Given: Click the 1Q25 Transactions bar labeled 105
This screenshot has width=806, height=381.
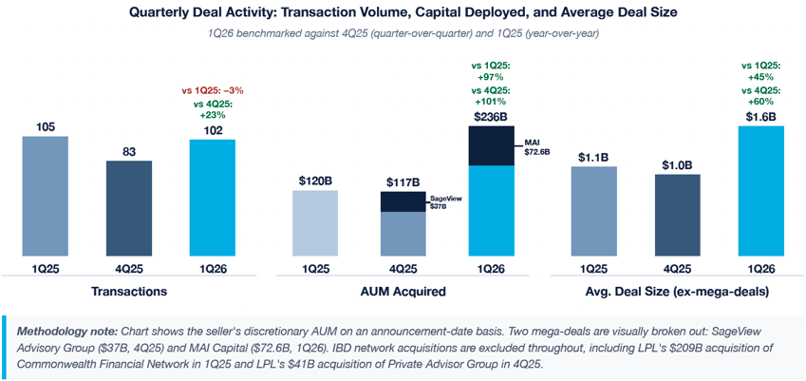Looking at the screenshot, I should click(x=46, y=196).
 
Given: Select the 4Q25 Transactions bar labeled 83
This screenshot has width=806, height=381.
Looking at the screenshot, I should click(x=128, y=208).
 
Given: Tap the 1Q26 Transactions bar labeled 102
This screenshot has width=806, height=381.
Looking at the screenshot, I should click(x=213, y=198).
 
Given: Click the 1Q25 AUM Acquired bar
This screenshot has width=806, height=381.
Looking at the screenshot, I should click(x=316, y=223).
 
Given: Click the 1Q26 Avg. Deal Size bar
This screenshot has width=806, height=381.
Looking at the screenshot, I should click(x=762, y=191).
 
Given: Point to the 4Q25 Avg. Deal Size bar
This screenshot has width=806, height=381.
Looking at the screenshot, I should click(x=677, y=215).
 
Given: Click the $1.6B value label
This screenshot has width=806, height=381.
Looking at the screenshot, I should click(x=762, y=117).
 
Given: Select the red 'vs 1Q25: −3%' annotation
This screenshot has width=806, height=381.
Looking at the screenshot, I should click(x=213, y=90).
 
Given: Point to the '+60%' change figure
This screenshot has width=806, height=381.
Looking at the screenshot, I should click(x=762, y=100).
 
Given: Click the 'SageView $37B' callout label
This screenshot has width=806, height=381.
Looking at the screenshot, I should click(x=445, y=202).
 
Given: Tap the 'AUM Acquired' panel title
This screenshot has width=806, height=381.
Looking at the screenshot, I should click(x=403, y=291).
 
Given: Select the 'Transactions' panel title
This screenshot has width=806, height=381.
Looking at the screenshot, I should click(x=128, y=291).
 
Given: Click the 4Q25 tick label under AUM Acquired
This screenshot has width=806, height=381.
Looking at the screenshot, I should click(x=403, y=269).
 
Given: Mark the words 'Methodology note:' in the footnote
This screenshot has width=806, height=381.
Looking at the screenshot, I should click(x=65, y=328).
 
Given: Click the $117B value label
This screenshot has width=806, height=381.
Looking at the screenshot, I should click(x=403, y=181).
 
